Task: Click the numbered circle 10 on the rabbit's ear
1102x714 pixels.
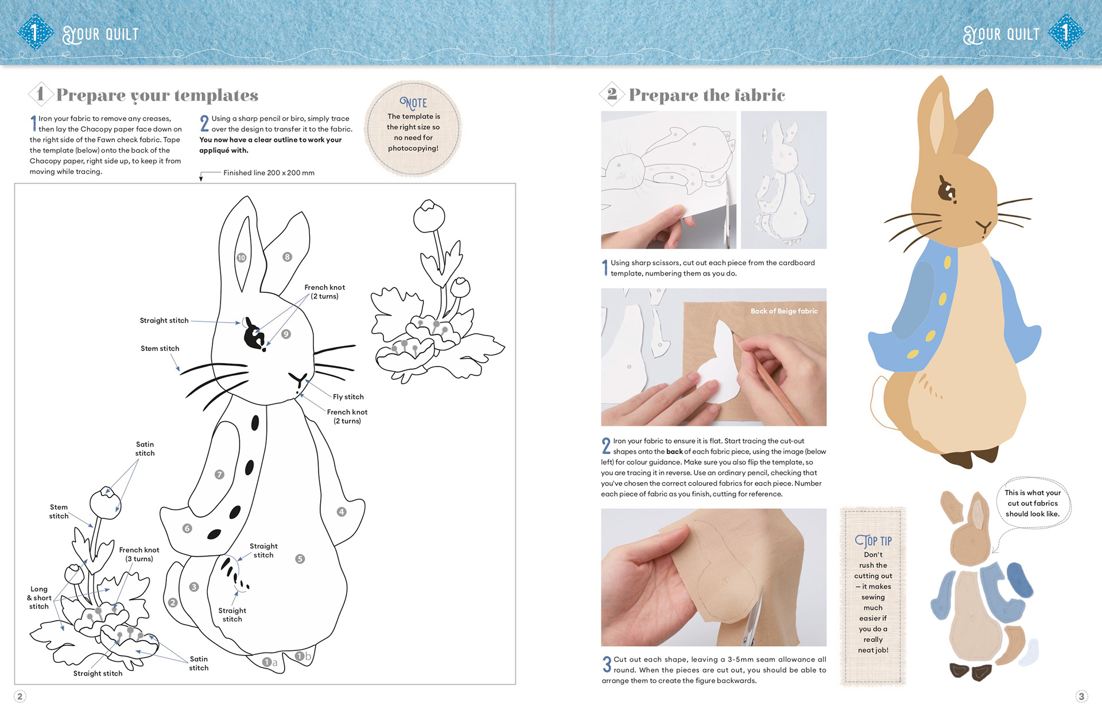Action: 242,258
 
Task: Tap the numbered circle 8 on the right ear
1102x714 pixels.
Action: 287,257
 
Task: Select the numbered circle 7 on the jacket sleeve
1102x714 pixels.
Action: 219,475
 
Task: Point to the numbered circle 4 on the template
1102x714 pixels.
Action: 342,511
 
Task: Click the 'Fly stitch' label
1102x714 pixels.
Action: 348,397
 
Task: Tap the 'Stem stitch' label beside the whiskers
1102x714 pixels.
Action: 160,348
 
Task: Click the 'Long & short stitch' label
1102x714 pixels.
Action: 39,597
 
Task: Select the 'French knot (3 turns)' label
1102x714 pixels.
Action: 139,554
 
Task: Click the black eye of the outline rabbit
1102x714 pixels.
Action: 253,335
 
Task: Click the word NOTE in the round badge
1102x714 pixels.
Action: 413,103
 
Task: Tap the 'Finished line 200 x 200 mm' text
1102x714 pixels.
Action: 269,173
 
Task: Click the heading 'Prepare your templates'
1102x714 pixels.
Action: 157,95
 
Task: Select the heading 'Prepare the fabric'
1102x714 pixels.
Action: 707,95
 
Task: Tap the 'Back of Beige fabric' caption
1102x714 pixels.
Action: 783,311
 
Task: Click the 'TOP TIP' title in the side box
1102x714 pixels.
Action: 873,541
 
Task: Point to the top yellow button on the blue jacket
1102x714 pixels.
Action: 947,263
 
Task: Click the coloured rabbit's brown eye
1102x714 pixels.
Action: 945,191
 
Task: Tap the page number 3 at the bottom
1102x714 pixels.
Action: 1081,696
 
